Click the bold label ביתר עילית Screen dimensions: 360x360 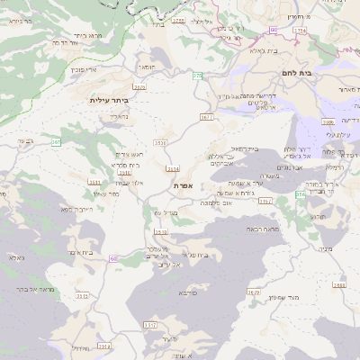(111, 100)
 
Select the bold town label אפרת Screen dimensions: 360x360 (184, 184)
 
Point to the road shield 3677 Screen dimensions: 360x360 (206, 117)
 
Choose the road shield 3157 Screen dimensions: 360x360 (265, 202)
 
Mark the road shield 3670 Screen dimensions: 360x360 (253, 292)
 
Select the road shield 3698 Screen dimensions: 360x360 (337, 284)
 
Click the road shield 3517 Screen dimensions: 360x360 (150, 323)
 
